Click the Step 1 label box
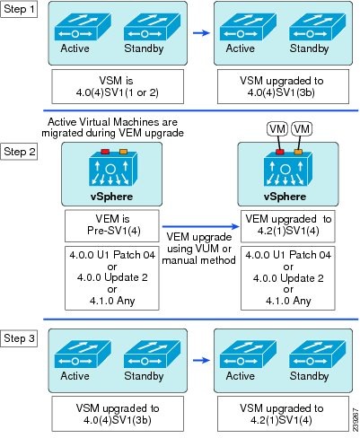[x=19, y=9]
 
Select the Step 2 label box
[x=19, y=152]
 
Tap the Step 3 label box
[x=19, y=338]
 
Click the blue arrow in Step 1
[x=201, y=32]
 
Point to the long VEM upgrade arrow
[x=200, y=226]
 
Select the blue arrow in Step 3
[x=201, y=360]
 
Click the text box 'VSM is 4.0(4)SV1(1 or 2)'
[x=118, y=87]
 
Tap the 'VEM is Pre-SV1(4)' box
[x=112, y=225]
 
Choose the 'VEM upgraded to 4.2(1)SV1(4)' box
[x=288, y=225]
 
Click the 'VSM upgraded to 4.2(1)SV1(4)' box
[x=283, y=414]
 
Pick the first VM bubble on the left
[x=277, y=129]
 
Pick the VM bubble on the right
[x=302, y=129]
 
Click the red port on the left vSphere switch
[x=105, y=152]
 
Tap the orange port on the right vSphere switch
[x=298, y=152]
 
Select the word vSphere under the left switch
[x=111, y=197]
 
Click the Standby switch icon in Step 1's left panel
[x=152, y=28]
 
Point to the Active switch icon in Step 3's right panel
[x=248, y=355]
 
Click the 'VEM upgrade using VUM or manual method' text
[x=199, y=249]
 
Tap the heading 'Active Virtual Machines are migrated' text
[x=112, y=127]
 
